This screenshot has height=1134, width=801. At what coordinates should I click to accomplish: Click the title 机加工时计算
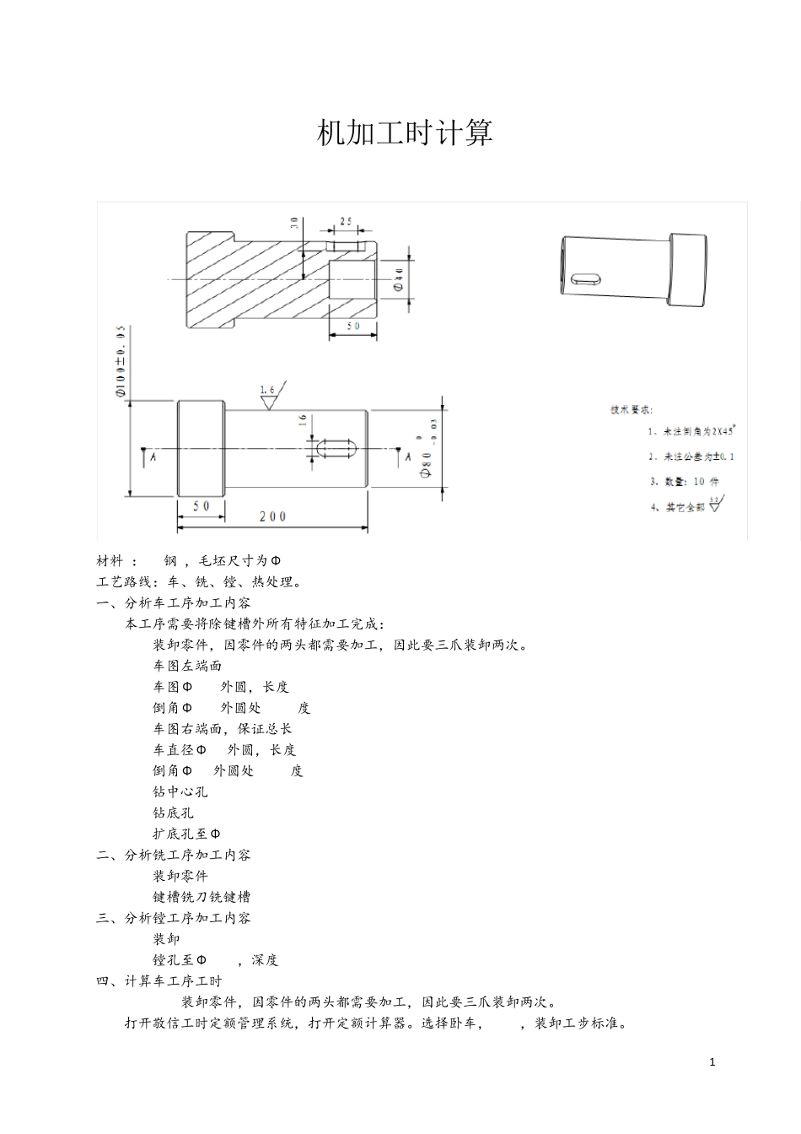[x=405, y=133]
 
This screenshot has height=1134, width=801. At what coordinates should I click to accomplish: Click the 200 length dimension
[x=272, y=516]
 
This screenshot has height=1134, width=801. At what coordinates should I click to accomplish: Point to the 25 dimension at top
[x=346, y=222]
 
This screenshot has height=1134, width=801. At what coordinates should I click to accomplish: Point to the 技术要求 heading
[x=631, y=410]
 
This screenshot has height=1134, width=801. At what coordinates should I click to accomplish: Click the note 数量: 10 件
[x=684, y=482]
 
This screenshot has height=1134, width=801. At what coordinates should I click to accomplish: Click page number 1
[x=712, y=1062]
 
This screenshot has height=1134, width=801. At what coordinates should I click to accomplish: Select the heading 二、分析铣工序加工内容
[x=174, y=855]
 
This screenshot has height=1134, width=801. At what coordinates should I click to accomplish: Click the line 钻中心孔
[x=180, y=791]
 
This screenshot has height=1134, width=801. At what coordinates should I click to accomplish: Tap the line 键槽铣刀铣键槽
[x=202, y=897]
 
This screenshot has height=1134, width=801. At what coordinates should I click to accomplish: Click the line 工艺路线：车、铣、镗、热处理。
[x=200, y=581]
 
